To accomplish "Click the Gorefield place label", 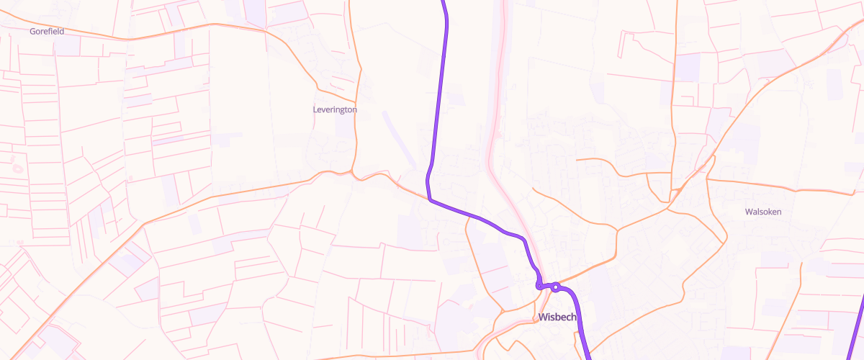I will [46, 32].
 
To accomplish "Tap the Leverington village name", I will [335, 109].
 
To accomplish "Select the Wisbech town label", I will [558, 317].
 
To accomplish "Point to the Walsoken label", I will [763, 212].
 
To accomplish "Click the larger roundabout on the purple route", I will [556, 287].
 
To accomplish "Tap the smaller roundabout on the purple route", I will [539, 286].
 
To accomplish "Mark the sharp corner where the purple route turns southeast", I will [430, 199].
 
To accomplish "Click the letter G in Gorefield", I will [32, 32].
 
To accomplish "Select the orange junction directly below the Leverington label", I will [353, 173].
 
